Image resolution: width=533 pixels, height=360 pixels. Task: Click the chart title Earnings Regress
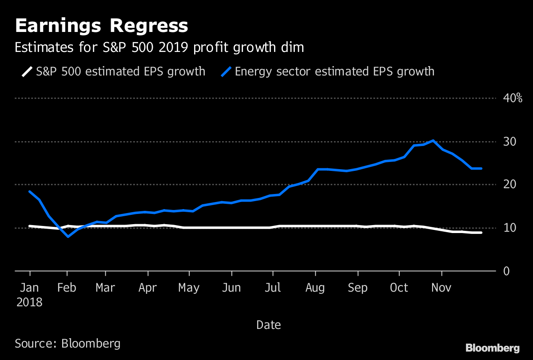click(x=101, y=26)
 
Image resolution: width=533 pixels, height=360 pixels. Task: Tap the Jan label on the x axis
click(x=29, y=288)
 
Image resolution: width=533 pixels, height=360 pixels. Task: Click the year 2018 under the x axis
click(x=29, y=303)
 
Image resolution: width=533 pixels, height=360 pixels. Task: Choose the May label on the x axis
click(x=189, y=288)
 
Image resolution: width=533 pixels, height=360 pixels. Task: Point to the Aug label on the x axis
click(x=315, y=288)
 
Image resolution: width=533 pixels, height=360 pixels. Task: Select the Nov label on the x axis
click(x=442, y=288)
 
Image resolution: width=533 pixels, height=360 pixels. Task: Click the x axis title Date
click(x=268, y=325)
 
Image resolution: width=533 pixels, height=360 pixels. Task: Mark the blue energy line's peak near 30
click(x=433, y=141)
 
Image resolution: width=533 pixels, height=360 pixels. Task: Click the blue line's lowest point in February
click(x=68, y=237)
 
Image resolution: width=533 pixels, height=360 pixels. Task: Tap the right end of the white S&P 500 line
click(x=481, y=233)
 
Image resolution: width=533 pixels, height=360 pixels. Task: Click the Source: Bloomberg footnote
click(x=68, y=343)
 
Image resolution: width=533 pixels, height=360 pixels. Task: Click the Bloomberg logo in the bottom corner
click(x=492, y=348)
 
